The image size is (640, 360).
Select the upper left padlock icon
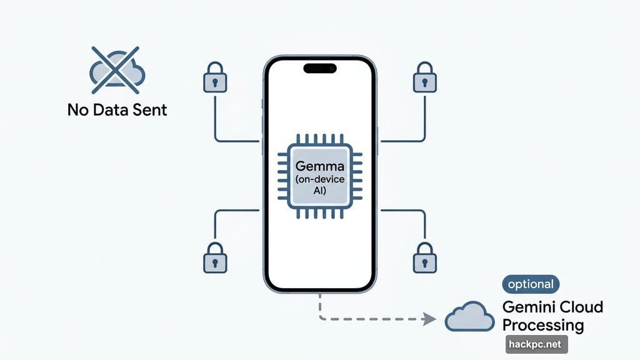click(215, 77)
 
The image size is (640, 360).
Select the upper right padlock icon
click(425, 77)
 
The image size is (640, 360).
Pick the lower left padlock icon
click(215, 257)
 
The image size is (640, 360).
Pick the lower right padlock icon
click(425, 257)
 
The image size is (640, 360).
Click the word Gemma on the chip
click(320, 168)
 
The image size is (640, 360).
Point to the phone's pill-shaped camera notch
click(320, 68)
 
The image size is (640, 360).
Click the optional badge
click(531, 284)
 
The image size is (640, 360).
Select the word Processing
click(543, 325)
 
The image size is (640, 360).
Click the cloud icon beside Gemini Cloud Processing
click(469, 317)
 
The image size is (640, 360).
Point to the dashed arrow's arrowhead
click(430, 319)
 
